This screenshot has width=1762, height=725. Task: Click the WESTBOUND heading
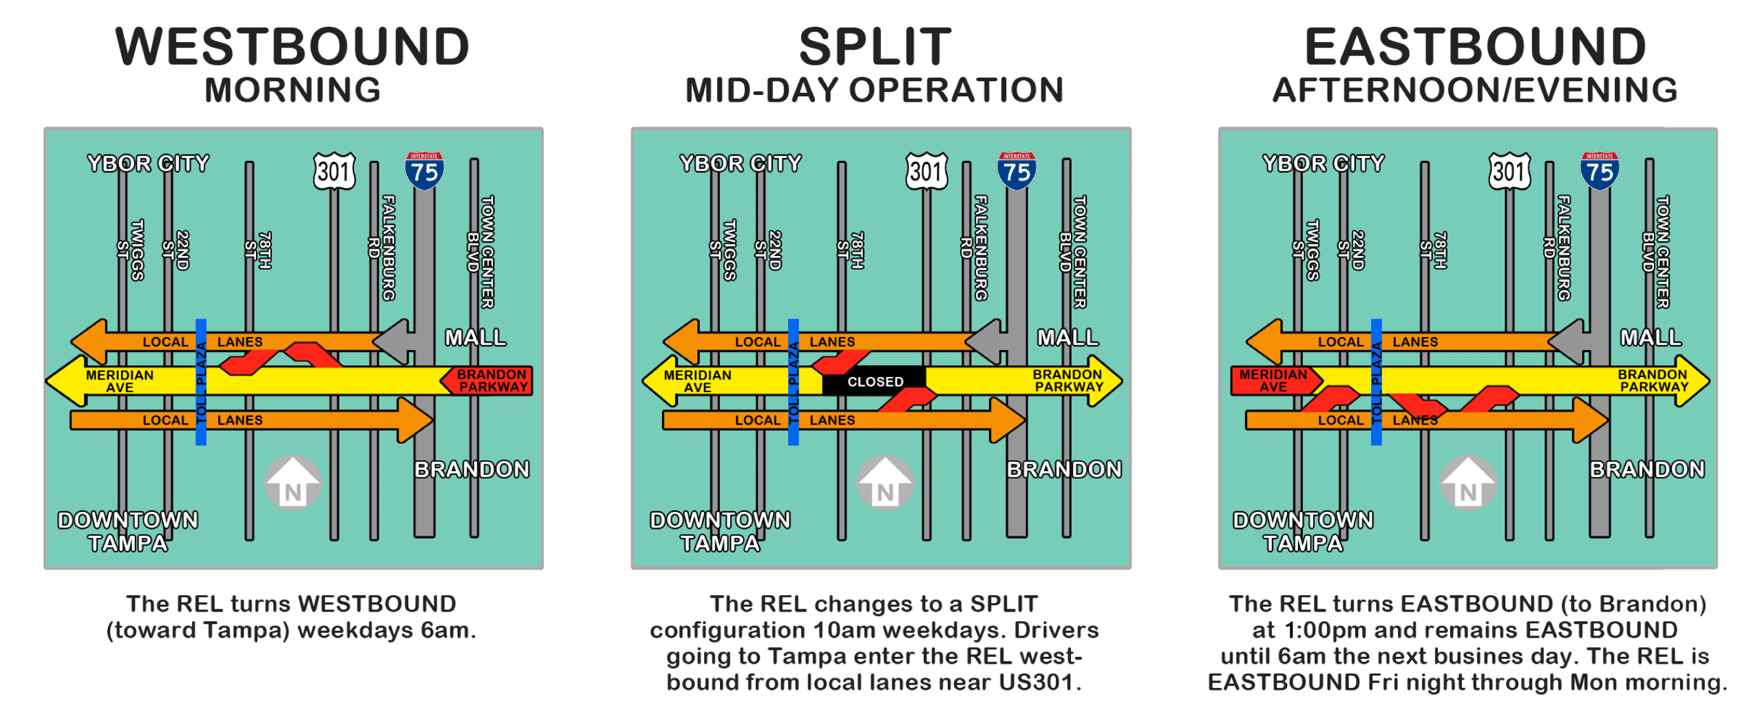[293, 47]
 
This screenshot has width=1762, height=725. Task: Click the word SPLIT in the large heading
[875, 47]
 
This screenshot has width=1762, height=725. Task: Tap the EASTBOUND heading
[1475, 47]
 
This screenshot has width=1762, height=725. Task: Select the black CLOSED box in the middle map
[874, 381]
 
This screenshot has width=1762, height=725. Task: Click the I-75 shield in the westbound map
[424, 171]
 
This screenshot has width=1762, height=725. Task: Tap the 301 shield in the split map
[926, 171]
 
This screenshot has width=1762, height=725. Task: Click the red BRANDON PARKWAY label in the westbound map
[490, 380]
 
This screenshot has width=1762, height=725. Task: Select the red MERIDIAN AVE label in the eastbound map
[1273, 380]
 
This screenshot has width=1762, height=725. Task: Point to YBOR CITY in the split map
[741, 163]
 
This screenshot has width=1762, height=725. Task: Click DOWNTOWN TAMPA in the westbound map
[128, 531]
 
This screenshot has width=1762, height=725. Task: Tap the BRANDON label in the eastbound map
[1647, 469]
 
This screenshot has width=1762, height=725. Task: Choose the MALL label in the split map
[1068, 337]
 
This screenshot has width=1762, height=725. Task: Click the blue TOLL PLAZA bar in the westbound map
[201, 382]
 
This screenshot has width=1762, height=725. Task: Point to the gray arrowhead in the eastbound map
[1569, 341]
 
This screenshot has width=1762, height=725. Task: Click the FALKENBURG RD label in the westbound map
[383, 248]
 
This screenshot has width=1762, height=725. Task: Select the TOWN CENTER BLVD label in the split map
[1073, 252]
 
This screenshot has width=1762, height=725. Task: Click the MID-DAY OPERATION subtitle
[874, 90]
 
